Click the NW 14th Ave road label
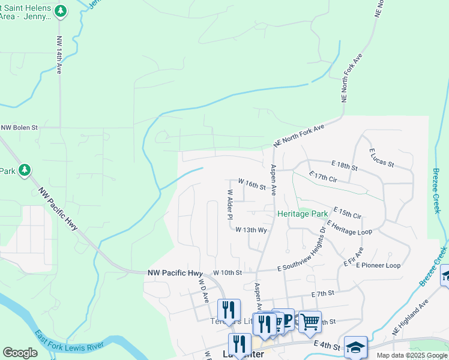coord(59,56)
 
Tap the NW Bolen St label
coord(19,127)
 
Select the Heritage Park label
coord(303,214)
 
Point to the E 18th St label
coord(344,164)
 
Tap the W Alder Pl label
coord(229,205)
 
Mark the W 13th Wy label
coord(251,229)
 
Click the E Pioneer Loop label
coord(378,265)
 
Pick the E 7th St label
coord(322,293)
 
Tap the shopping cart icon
coord(310,322)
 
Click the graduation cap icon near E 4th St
coord(355,346)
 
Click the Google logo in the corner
coord(20,353)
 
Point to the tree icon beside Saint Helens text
coord(60,10)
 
